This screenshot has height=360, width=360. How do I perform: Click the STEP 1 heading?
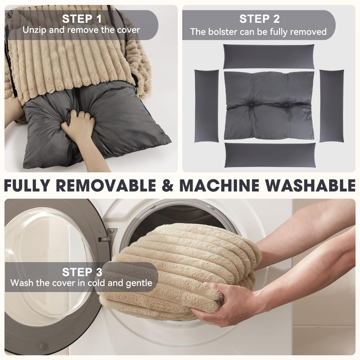coord(82,19)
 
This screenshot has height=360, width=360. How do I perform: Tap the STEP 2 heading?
coord(260,19)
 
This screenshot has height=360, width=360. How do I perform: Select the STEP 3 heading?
coord(82,272)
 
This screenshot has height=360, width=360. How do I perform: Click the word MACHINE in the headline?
coord(219,185)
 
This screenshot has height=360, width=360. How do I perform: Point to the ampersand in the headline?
coord(168,185)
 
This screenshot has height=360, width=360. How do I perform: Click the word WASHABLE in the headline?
coord(311,185)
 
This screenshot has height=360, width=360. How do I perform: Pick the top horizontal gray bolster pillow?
coord(269,57)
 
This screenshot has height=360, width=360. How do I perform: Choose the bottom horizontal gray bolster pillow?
coord(270,155)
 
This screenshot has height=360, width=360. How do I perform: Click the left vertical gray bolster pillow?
coord(206,106)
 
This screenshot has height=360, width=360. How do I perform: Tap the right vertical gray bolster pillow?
coord(332,106)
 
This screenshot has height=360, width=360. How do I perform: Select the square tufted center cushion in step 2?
coord(269,105)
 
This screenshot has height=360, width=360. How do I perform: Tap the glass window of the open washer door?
coord(49,266)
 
